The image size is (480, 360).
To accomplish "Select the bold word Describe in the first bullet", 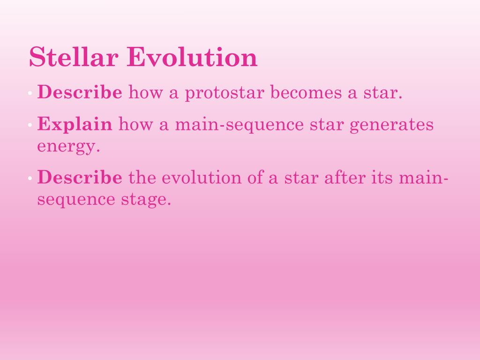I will (x=80, y=92).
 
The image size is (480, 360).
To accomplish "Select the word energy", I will (x=68, y=147).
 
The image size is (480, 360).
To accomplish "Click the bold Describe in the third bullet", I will (x=80, y=178).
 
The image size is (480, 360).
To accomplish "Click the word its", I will (x=380, y=178).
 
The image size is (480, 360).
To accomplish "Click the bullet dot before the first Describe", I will (x=30, y=94).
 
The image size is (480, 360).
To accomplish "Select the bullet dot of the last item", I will (x=30, y=180).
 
